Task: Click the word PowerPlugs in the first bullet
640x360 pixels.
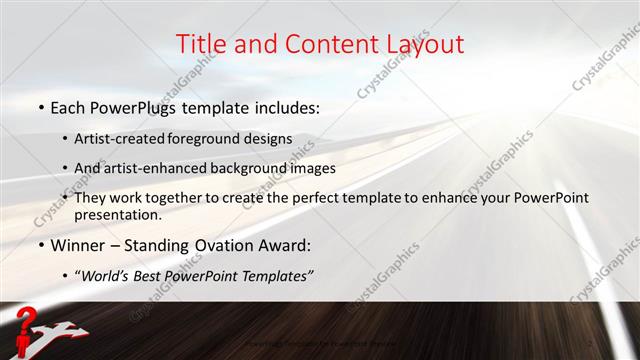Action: (129, 107)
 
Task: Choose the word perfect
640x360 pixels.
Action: (331, 198)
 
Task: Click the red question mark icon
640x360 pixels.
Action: (27, 320)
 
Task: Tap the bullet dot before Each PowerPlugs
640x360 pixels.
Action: (41, 107)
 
